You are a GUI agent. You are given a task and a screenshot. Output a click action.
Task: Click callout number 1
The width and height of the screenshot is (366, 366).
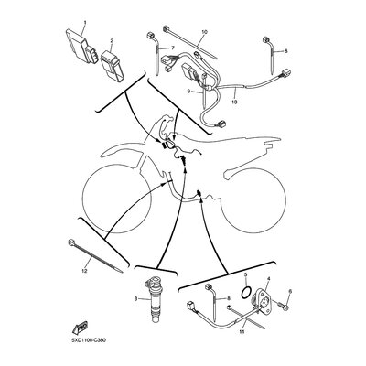click(85, 22)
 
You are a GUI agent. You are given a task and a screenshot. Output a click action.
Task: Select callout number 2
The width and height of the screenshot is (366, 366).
click(112, 40)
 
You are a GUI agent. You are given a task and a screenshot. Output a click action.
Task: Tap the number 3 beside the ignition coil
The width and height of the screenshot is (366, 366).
click(135, 298)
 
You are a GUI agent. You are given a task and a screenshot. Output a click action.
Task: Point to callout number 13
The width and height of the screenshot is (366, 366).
click(234, 102)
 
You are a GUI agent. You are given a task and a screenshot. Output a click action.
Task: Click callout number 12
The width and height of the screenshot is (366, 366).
click(84, 271)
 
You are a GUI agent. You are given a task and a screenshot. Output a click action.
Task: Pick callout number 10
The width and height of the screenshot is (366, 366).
click(204, 32)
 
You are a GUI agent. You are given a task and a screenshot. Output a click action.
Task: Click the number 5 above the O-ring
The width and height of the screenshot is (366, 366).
click(245, 274)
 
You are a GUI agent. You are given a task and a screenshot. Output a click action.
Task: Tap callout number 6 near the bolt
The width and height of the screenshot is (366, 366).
click(290, 291)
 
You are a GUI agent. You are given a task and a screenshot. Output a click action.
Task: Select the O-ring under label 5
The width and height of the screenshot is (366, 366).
click(246, 292)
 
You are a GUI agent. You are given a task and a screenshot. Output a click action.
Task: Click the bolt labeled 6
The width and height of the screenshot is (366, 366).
click(283, 307)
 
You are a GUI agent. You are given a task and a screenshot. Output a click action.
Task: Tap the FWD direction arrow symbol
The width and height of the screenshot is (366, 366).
click(80, 327)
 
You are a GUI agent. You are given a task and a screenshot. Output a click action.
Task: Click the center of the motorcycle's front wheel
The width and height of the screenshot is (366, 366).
click(117, 199)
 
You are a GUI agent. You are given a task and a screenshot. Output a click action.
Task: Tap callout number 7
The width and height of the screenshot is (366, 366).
click(173, 48)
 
